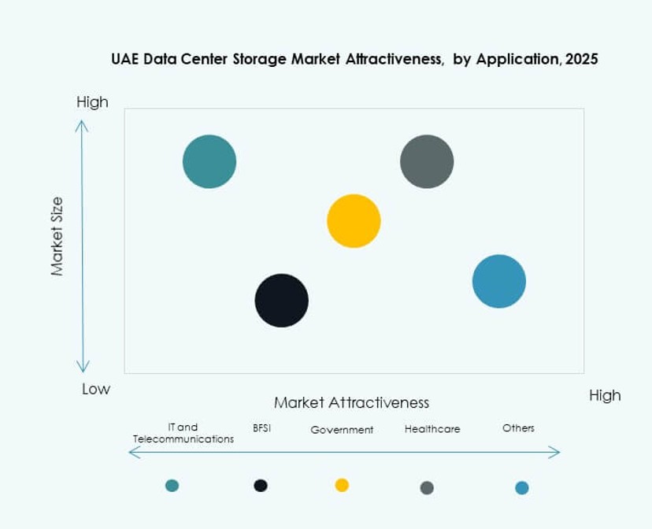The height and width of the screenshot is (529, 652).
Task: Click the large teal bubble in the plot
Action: coord(209,162)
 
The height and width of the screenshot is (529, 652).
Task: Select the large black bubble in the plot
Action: coord(282,300)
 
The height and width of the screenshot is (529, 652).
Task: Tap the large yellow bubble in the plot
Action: coord(354,221)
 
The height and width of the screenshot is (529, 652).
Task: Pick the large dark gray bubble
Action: coord(427,162)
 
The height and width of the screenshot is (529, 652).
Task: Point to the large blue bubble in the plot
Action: coord(499,281)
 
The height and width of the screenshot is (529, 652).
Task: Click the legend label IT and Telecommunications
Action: coord(183,433)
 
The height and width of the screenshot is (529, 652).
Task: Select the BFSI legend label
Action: coord(261,428)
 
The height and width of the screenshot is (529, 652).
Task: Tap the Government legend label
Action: coord(342,430)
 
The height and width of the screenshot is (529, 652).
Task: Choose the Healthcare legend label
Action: coord(432,429)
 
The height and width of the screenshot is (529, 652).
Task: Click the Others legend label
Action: coord(518,428)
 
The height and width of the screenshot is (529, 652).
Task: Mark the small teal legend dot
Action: coord(172,486)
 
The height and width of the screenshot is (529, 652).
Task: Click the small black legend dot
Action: coord(261,486)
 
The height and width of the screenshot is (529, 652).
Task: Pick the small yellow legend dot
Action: coord(342,485)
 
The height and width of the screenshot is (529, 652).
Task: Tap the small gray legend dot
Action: coord(427,488)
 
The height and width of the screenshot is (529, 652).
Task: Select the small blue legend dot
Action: coord(521,488)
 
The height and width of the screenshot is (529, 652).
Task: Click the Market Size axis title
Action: coord(57,235)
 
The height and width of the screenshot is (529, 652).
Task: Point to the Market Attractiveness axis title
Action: coord(351,403)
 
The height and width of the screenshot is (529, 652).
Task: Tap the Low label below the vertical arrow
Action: coord(96,389)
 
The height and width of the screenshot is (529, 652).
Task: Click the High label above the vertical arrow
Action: coord(92,102)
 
